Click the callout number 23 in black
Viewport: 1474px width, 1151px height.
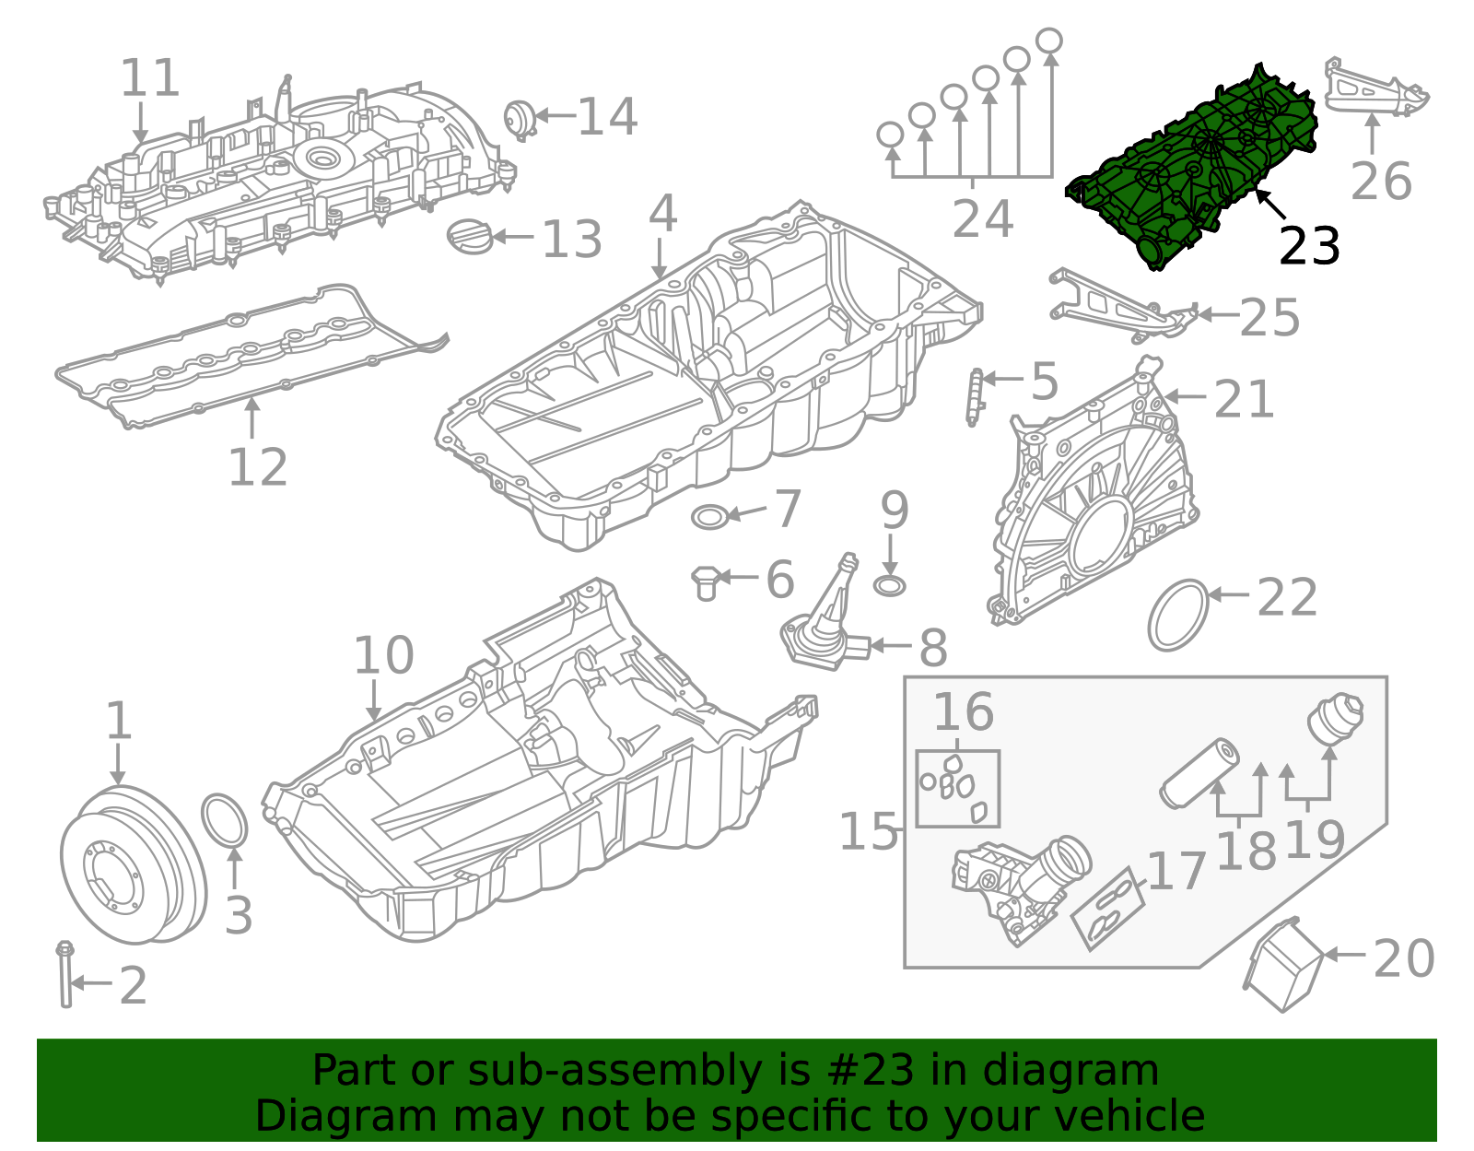(x=1308, y=246)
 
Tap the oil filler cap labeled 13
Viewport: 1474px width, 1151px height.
(x=468, y=235)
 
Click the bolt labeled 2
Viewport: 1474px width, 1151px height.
(x=65, y=977)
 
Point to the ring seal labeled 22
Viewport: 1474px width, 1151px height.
(x=1178, y=615)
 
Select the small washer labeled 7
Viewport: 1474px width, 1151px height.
(x=709, y=517)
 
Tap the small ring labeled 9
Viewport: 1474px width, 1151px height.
(x=889, y=585)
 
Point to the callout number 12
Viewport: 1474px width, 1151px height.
(x=257, y=467)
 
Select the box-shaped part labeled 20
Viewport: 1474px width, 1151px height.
(x=1283, y=966)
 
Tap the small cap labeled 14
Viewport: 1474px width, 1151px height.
(x=519, y=120)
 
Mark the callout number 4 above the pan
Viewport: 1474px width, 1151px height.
(x=662, y=215)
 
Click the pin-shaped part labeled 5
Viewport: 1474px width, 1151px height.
(x=974, y=396)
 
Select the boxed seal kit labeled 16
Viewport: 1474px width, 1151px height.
(x=957, y=788)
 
